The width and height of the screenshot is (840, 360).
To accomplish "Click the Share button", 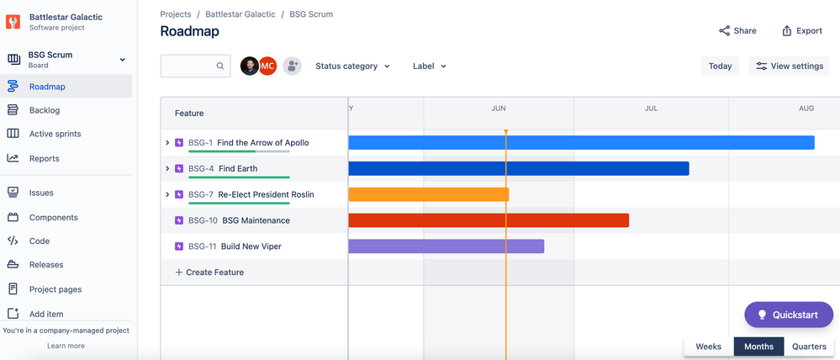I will point(737,31).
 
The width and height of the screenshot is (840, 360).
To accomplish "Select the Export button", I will point(801,31).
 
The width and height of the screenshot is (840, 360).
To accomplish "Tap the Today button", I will point(720,66).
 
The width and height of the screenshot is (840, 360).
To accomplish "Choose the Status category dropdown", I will point(352,66).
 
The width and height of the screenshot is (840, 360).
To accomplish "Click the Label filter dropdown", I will point(430,66).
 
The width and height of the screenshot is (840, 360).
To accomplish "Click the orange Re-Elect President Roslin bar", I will point(428,194).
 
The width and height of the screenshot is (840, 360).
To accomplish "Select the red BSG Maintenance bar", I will point(488,220).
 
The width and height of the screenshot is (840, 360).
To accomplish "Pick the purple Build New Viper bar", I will point(446,246).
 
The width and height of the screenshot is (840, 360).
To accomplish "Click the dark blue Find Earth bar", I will point(518,168).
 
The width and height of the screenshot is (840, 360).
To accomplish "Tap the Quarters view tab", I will point(809,347).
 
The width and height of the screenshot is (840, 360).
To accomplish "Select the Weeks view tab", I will point(708,347).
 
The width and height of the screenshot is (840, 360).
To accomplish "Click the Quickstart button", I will point(788,315).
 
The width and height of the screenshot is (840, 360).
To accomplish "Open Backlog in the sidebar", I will point(45,110).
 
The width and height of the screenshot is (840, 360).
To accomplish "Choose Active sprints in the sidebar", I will point(55,134).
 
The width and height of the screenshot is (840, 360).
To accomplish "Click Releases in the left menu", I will point(46,265).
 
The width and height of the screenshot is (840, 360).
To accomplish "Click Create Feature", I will point(209,273).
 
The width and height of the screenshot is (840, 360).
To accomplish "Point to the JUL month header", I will point(651,109).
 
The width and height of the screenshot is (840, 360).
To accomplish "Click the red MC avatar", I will point(267,66).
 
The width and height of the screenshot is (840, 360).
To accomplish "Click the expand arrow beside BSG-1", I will point(167,143).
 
